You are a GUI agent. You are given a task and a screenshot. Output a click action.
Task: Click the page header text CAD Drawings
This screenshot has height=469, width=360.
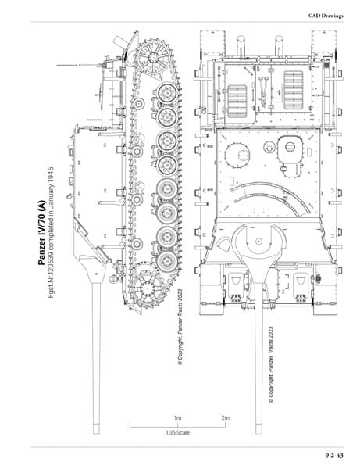(326, 16)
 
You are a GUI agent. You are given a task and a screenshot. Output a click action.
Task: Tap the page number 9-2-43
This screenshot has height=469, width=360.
(334, 456)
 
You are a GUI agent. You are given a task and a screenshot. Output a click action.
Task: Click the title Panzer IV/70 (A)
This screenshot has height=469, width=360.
(42, 233)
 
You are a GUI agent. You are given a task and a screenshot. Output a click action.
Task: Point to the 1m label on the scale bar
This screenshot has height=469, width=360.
(177, 418)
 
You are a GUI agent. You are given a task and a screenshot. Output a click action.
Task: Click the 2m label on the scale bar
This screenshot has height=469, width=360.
(225, 418)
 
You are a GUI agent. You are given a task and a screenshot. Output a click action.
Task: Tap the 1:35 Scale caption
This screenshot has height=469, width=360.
(177, 432)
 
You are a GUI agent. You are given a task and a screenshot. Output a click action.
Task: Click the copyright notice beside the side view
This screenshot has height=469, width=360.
(180, 327)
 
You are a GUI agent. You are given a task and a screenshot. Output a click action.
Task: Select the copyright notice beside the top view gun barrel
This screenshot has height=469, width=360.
(271, 364)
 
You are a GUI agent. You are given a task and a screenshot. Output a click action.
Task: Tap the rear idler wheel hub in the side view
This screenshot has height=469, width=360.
(154, 57)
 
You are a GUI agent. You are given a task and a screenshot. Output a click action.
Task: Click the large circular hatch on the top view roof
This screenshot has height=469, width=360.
(237, 156)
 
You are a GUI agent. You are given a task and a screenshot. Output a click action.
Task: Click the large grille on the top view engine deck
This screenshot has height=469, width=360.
(294, 90)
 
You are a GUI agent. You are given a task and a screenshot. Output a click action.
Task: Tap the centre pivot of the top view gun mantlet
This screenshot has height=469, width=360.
(258, 241)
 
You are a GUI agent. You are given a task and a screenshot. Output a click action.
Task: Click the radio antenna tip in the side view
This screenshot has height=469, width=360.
(57, 65)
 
